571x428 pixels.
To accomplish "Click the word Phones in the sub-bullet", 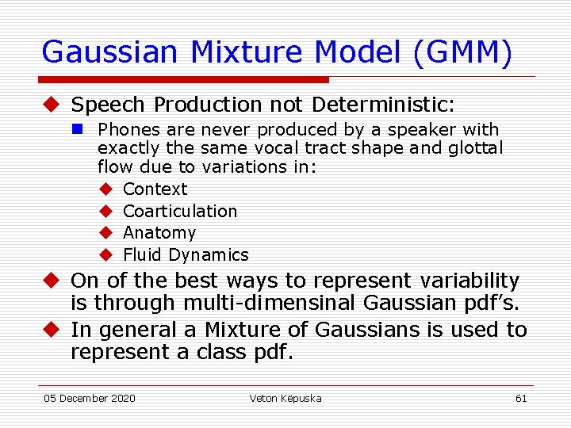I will click(125, 130).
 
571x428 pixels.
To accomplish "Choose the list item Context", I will click(155, 189).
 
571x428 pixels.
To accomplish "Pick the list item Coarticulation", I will click(180, 212).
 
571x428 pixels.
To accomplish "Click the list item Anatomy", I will click(159, 233).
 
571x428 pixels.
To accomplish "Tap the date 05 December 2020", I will click(90, 398).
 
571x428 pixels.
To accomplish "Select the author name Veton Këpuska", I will click(285, 398).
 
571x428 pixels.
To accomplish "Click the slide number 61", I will click(520, 398).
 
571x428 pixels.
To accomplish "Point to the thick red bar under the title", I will click(186, 80).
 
